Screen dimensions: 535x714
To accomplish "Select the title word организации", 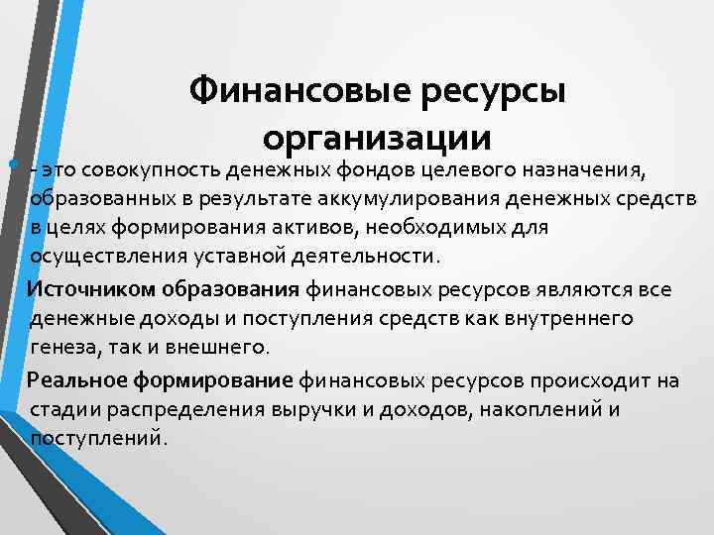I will pyautogui.click(x=377, y=138).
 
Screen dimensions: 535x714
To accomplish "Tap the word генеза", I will pyautogui.click(x=61, y=347).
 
